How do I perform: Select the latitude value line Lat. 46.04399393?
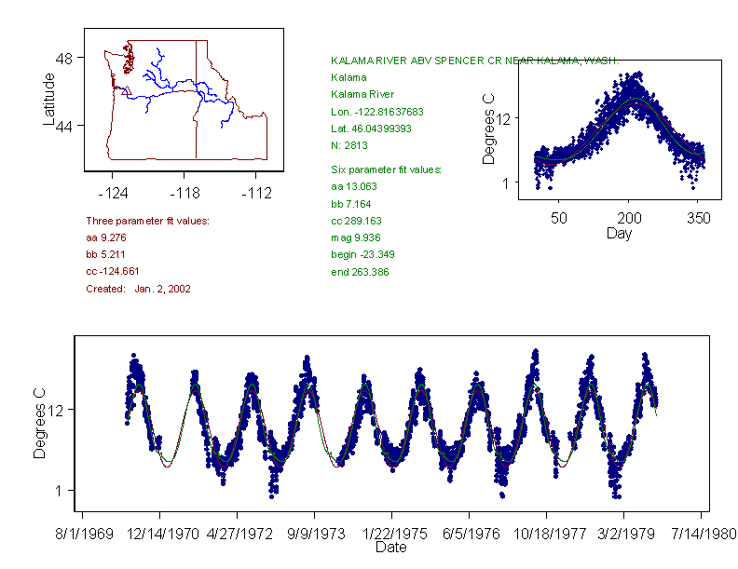[371, 129]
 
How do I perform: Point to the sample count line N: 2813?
[348, 145]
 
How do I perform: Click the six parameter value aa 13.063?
[351, 186]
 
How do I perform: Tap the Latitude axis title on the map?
[49, 99]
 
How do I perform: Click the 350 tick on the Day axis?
[698, 218]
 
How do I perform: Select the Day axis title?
[618, 234]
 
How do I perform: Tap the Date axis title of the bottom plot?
[390, 548]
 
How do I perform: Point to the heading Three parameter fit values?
[147, 221]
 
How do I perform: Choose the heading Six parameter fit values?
[386, 169]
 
